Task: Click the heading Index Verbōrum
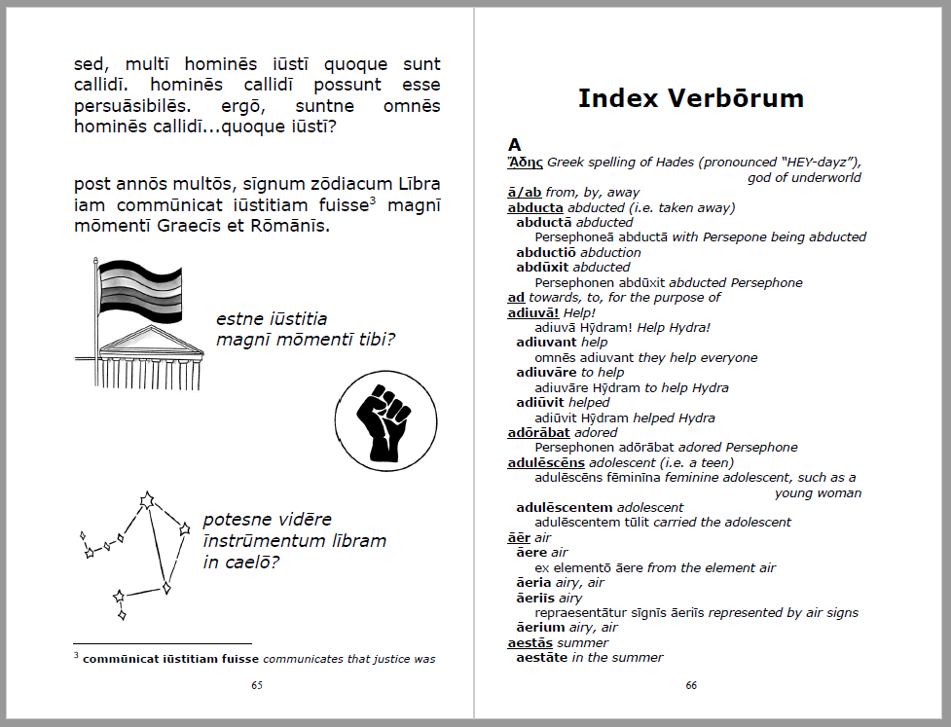[690, 98]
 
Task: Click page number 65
[257, 685]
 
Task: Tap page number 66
[690, 685]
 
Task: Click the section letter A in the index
[515, 145]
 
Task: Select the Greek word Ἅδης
[526, 162]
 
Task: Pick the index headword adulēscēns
[546, 462]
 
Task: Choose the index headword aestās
[530, 642]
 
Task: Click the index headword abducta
[535, 207]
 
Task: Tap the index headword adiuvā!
[533, 312]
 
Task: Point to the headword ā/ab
[525, 193]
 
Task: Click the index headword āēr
[519, 537]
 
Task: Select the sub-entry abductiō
[551, 252]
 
